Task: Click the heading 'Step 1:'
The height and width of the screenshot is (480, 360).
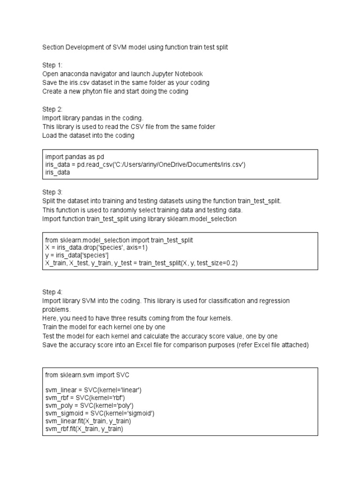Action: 52,65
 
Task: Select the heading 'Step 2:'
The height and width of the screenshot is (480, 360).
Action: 52,109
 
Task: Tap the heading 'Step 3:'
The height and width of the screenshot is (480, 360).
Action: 52,192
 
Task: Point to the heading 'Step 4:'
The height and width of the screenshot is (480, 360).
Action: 52,292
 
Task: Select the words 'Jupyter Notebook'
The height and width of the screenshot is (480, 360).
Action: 179,74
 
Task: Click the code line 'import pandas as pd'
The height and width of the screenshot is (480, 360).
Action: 75,156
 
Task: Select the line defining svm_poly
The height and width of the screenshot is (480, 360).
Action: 90,405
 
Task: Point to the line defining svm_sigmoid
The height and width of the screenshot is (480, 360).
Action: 100,413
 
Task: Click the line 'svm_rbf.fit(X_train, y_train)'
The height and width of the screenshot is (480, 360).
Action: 84,429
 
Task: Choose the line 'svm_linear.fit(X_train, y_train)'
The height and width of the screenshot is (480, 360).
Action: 88,421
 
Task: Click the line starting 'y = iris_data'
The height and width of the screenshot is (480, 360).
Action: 77,255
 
